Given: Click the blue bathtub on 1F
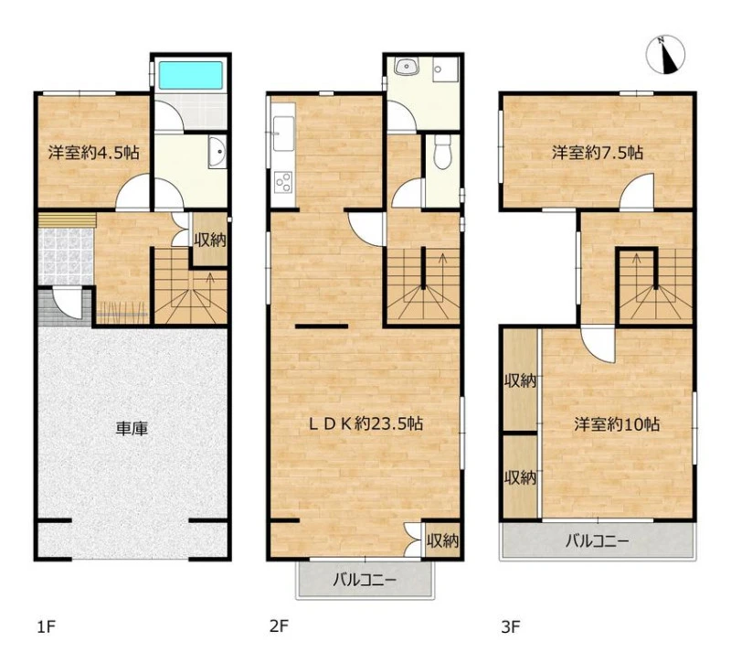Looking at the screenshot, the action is click(191, 76).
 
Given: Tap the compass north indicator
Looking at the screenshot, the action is click(666, 55).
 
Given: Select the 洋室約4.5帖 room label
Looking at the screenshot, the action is click(94, 153).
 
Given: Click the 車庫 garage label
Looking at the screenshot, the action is click(132, 428).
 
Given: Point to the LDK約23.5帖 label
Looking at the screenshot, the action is click(367, 423).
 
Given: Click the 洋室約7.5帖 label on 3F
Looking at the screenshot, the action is click(599, 153).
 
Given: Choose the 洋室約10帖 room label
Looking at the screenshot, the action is click(617, 424).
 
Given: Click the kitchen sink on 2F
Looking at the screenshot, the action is click(283, 134).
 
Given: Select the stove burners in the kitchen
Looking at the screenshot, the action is click(283, 182).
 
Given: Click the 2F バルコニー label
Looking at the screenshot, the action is click(365, 581).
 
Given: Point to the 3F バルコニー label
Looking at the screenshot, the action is click(598, 541).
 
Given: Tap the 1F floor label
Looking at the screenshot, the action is click(47, 626).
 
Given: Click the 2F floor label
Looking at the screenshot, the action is click(279, 626).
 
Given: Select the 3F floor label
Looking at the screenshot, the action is click(511, 626).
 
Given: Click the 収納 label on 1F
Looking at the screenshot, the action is click(210, 241).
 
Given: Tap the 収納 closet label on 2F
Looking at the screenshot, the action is click(443, 541).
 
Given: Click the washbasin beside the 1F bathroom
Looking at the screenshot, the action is click(217, 152).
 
